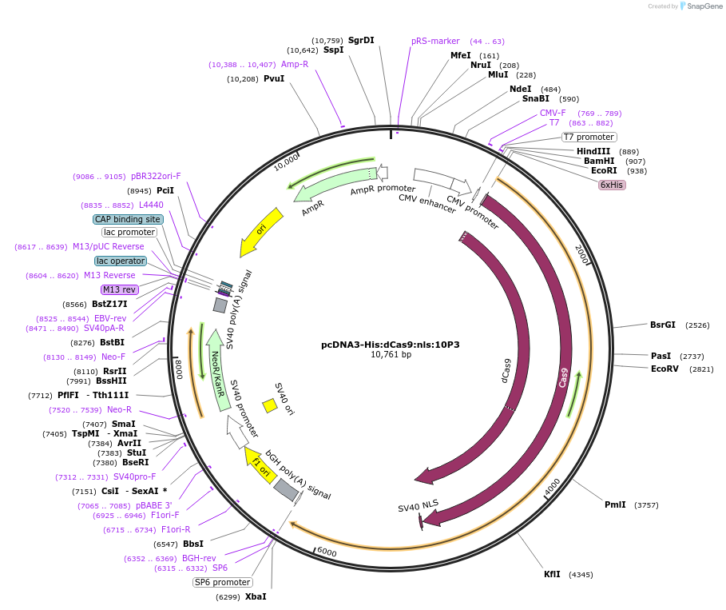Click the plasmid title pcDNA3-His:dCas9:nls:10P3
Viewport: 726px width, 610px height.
click(391, 345)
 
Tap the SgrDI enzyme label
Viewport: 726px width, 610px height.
click(361, 40)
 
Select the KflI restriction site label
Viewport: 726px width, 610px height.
click(553, 574)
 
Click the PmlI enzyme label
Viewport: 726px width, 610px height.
click(615, 504)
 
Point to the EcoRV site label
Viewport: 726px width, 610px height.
click(665, 369)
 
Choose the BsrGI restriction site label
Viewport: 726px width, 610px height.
click(663, 325)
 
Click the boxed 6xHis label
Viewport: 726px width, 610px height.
click(612, 185)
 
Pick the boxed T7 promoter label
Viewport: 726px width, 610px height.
click(589, 137)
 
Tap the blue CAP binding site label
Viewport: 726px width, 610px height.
click(128, 219)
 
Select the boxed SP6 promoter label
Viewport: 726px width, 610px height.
click(223, 582)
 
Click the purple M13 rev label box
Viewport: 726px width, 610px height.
click(120, 289)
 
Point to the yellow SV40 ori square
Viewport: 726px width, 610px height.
click(271, 406)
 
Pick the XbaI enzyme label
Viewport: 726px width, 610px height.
click(256, 596)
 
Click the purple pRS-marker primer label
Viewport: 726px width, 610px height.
click(435, 41)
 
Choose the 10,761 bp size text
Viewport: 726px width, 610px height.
click(391, 354)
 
